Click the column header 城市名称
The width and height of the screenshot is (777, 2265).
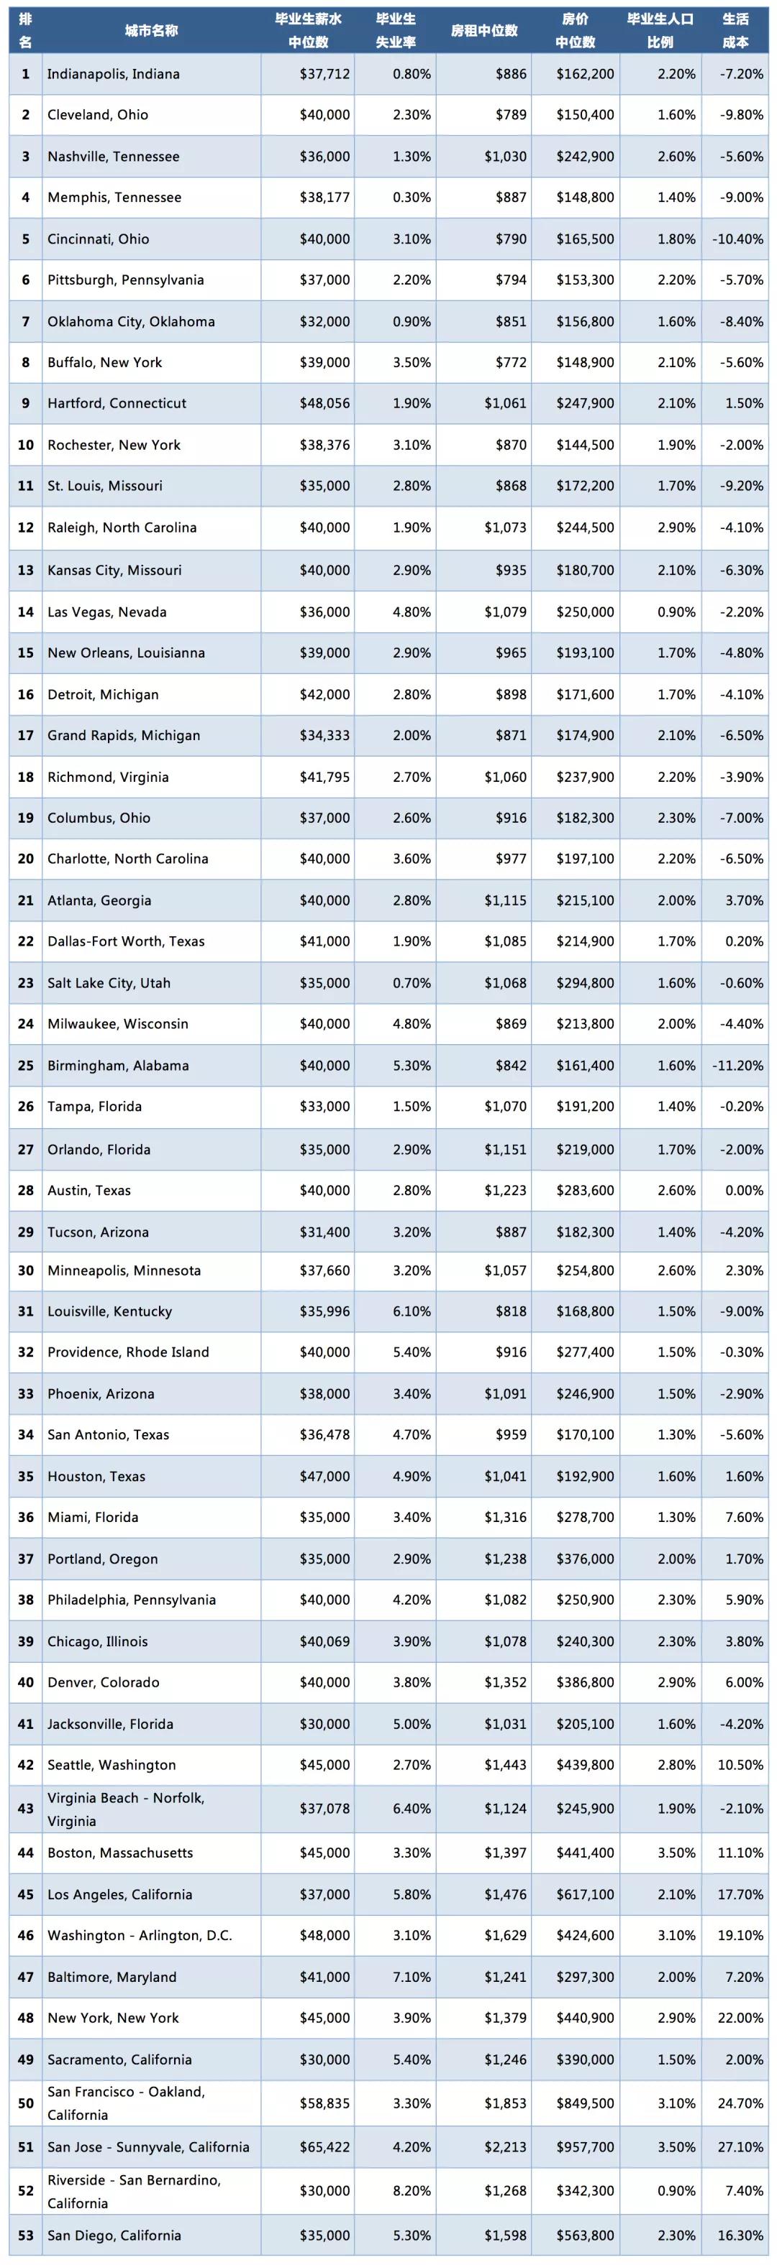pos(150,31)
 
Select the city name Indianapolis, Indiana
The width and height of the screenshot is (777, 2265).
pos(114,74)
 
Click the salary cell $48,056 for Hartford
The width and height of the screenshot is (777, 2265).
pos(324,404)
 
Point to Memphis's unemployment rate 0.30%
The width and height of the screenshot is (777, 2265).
pos(412,197)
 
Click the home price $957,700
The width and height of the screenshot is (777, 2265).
pos(585,2147)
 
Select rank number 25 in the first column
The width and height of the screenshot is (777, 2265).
pos(25,1066)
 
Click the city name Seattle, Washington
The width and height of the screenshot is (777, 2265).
pos(112,1765)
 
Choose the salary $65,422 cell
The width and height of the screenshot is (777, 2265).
pos(324,2147)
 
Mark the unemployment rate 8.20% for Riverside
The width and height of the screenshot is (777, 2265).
pos(412,2190)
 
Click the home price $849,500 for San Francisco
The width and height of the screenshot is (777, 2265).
pos(585,2103)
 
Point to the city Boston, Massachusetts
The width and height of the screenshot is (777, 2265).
pos(121,1853)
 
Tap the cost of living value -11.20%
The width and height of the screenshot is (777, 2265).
pos(737,1066)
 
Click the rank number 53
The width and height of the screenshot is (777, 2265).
pos(25,2235)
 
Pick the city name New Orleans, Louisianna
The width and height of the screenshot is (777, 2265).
pos(126,652)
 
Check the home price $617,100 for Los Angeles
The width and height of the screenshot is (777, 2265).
pos(585,1895)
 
